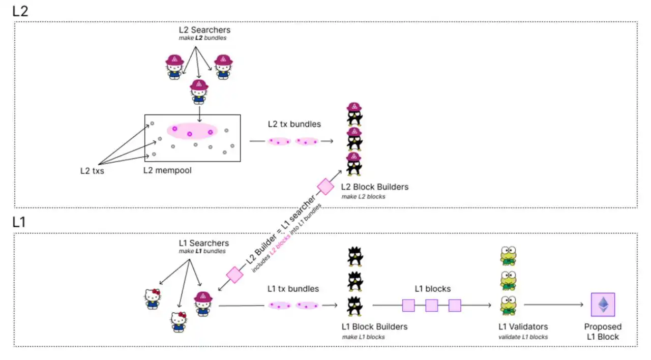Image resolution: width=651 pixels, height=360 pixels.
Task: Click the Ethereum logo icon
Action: pos(603,305)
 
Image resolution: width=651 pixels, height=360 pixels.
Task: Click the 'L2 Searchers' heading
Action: pos(204,30)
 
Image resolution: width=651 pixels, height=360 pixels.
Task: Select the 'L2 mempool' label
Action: pos(167,170)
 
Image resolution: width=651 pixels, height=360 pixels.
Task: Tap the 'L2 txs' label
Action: pos(92,171)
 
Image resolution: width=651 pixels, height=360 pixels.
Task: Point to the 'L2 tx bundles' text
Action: pos(294,124)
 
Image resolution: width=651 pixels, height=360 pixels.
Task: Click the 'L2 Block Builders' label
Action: pos(375,187)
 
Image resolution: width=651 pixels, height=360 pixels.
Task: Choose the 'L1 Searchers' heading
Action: pos(204,243)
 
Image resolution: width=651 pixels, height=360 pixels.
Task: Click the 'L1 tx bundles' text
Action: pos(293,289)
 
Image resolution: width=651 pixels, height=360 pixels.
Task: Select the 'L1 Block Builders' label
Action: pos(374,326)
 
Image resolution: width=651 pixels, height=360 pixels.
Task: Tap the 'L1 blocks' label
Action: pos(432,289)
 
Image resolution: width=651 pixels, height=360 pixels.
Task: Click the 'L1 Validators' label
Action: pos(523,326)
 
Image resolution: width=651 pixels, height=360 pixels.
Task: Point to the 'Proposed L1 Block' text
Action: pos(603,332)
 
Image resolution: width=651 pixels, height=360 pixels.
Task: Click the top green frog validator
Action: pos(508,256)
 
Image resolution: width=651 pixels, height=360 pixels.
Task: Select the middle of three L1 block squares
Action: pos(432,306)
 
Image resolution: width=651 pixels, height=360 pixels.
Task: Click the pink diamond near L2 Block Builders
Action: pos(325,187)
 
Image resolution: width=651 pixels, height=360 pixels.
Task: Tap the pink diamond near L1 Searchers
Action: pos(234,275)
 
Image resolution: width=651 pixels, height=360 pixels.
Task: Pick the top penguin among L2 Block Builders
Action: pos(354,114)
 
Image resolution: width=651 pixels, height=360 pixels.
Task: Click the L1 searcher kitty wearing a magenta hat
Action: pos(203,304)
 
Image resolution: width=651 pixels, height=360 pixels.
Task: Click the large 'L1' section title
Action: pos(19,222)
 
